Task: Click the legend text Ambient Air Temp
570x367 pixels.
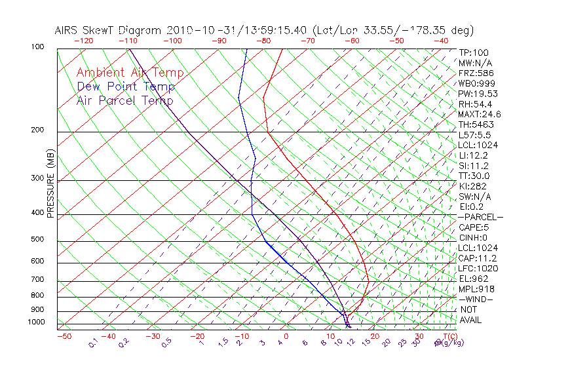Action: (130, 73)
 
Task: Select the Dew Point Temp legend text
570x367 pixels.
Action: (126, 87)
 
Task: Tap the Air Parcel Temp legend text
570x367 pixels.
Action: (124, 100)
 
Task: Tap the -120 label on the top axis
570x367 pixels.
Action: (84, 41)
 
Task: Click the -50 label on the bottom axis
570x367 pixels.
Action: (64, 336)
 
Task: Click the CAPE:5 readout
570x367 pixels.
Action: (473, 227)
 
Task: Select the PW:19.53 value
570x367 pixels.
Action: (476, 94)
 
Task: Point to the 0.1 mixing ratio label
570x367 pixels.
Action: (94, 342)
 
